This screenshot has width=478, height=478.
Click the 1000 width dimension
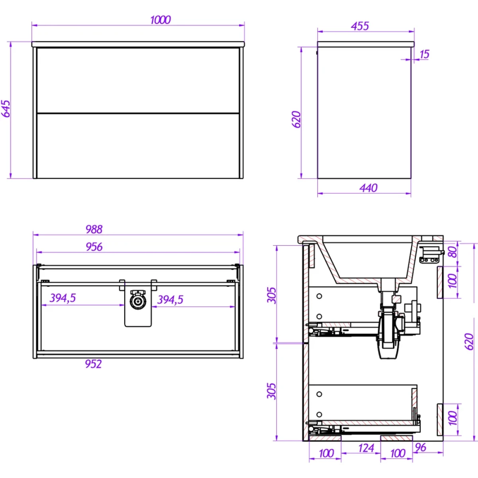point(161,20)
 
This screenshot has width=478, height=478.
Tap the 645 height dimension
point(6,109)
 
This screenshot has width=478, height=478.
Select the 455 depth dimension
point(360,26)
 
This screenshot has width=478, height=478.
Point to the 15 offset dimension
point(424,54)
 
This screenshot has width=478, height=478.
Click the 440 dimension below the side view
point(368,188)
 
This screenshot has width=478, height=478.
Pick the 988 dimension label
point(94,229)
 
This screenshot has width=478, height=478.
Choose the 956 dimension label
point(94,247)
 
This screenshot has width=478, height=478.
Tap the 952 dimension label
point(93,364)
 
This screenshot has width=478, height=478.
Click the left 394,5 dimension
point(63,298)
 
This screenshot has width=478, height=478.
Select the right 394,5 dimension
point(170,300)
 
